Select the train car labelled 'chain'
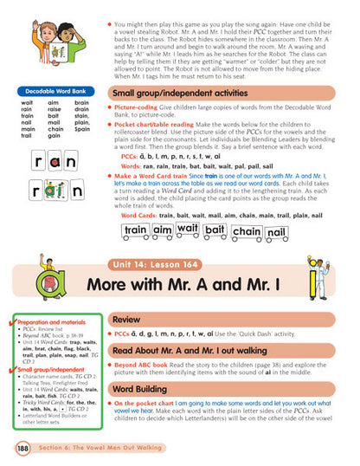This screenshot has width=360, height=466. [x=246, y=231]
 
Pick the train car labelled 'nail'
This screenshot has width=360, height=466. [x=276, y=232]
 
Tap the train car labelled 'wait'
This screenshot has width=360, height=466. [x=187, y=229]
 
